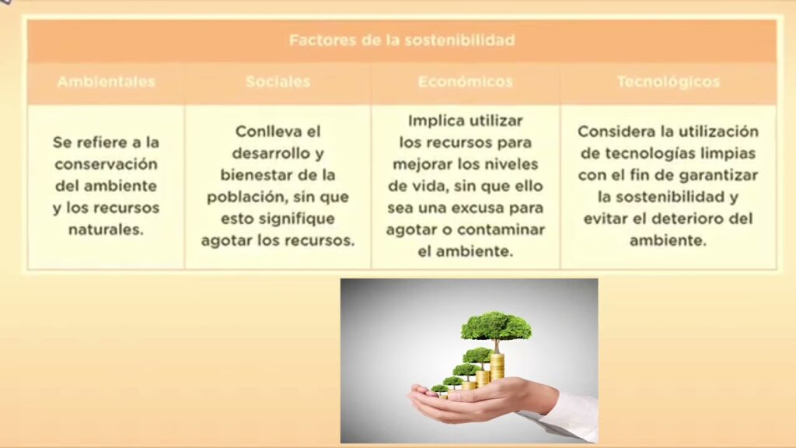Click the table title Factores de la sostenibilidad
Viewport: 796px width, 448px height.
[402, 40]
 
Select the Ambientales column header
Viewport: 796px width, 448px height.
[106, 82]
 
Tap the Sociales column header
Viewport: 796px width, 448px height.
[278, 82]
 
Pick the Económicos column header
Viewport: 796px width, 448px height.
[466, 82]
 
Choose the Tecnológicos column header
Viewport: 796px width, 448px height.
[669, 82]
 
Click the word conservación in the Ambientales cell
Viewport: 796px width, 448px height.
[106, 164]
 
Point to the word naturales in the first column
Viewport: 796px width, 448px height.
[105, 229]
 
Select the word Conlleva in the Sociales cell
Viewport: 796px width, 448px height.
[263, 131]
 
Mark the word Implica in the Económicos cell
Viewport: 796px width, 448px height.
[435, 121]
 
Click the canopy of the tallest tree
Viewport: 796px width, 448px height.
[496, 327]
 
